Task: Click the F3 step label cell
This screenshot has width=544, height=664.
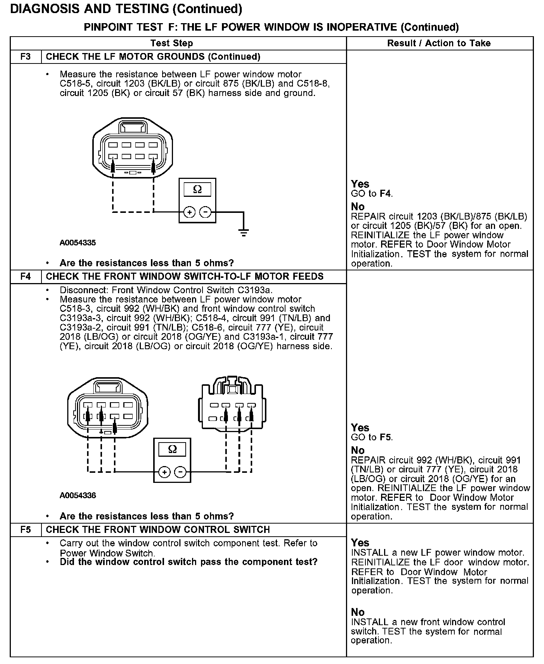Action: tap(25, 57)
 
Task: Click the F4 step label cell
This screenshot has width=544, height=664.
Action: tap(25, 277)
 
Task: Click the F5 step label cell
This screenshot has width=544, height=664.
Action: tap(25, 530)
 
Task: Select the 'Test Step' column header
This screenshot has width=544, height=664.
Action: tap(171, 43)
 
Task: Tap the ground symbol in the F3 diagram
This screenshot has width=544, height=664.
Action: tap(244, 233)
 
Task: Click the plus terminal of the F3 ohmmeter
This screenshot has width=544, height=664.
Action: tap(189, 212)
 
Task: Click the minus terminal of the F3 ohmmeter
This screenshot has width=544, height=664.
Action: tap(205, 212)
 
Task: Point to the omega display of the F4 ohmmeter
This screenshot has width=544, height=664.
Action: tap(172, 449)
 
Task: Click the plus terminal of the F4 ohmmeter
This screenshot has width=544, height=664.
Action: tap(164, 472)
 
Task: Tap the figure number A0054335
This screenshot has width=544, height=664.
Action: tap(78, 243)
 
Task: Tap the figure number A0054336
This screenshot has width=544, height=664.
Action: tap(78, 496)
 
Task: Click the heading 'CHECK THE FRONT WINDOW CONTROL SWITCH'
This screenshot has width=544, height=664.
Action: tap(158, 530)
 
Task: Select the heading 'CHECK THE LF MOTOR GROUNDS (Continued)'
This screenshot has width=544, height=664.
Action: tap(153, 57)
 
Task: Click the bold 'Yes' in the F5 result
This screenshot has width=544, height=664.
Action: tap(360, 543)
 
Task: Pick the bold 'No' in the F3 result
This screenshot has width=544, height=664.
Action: tap(358, 207)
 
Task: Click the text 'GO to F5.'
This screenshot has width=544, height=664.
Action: tap(372, 437)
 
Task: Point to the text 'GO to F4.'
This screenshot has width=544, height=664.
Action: tap(372, 193)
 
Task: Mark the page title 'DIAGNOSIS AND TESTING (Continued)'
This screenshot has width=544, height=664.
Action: tap(126, 9)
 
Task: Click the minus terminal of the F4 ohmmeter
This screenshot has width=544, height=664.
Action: tap(180, 472)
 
